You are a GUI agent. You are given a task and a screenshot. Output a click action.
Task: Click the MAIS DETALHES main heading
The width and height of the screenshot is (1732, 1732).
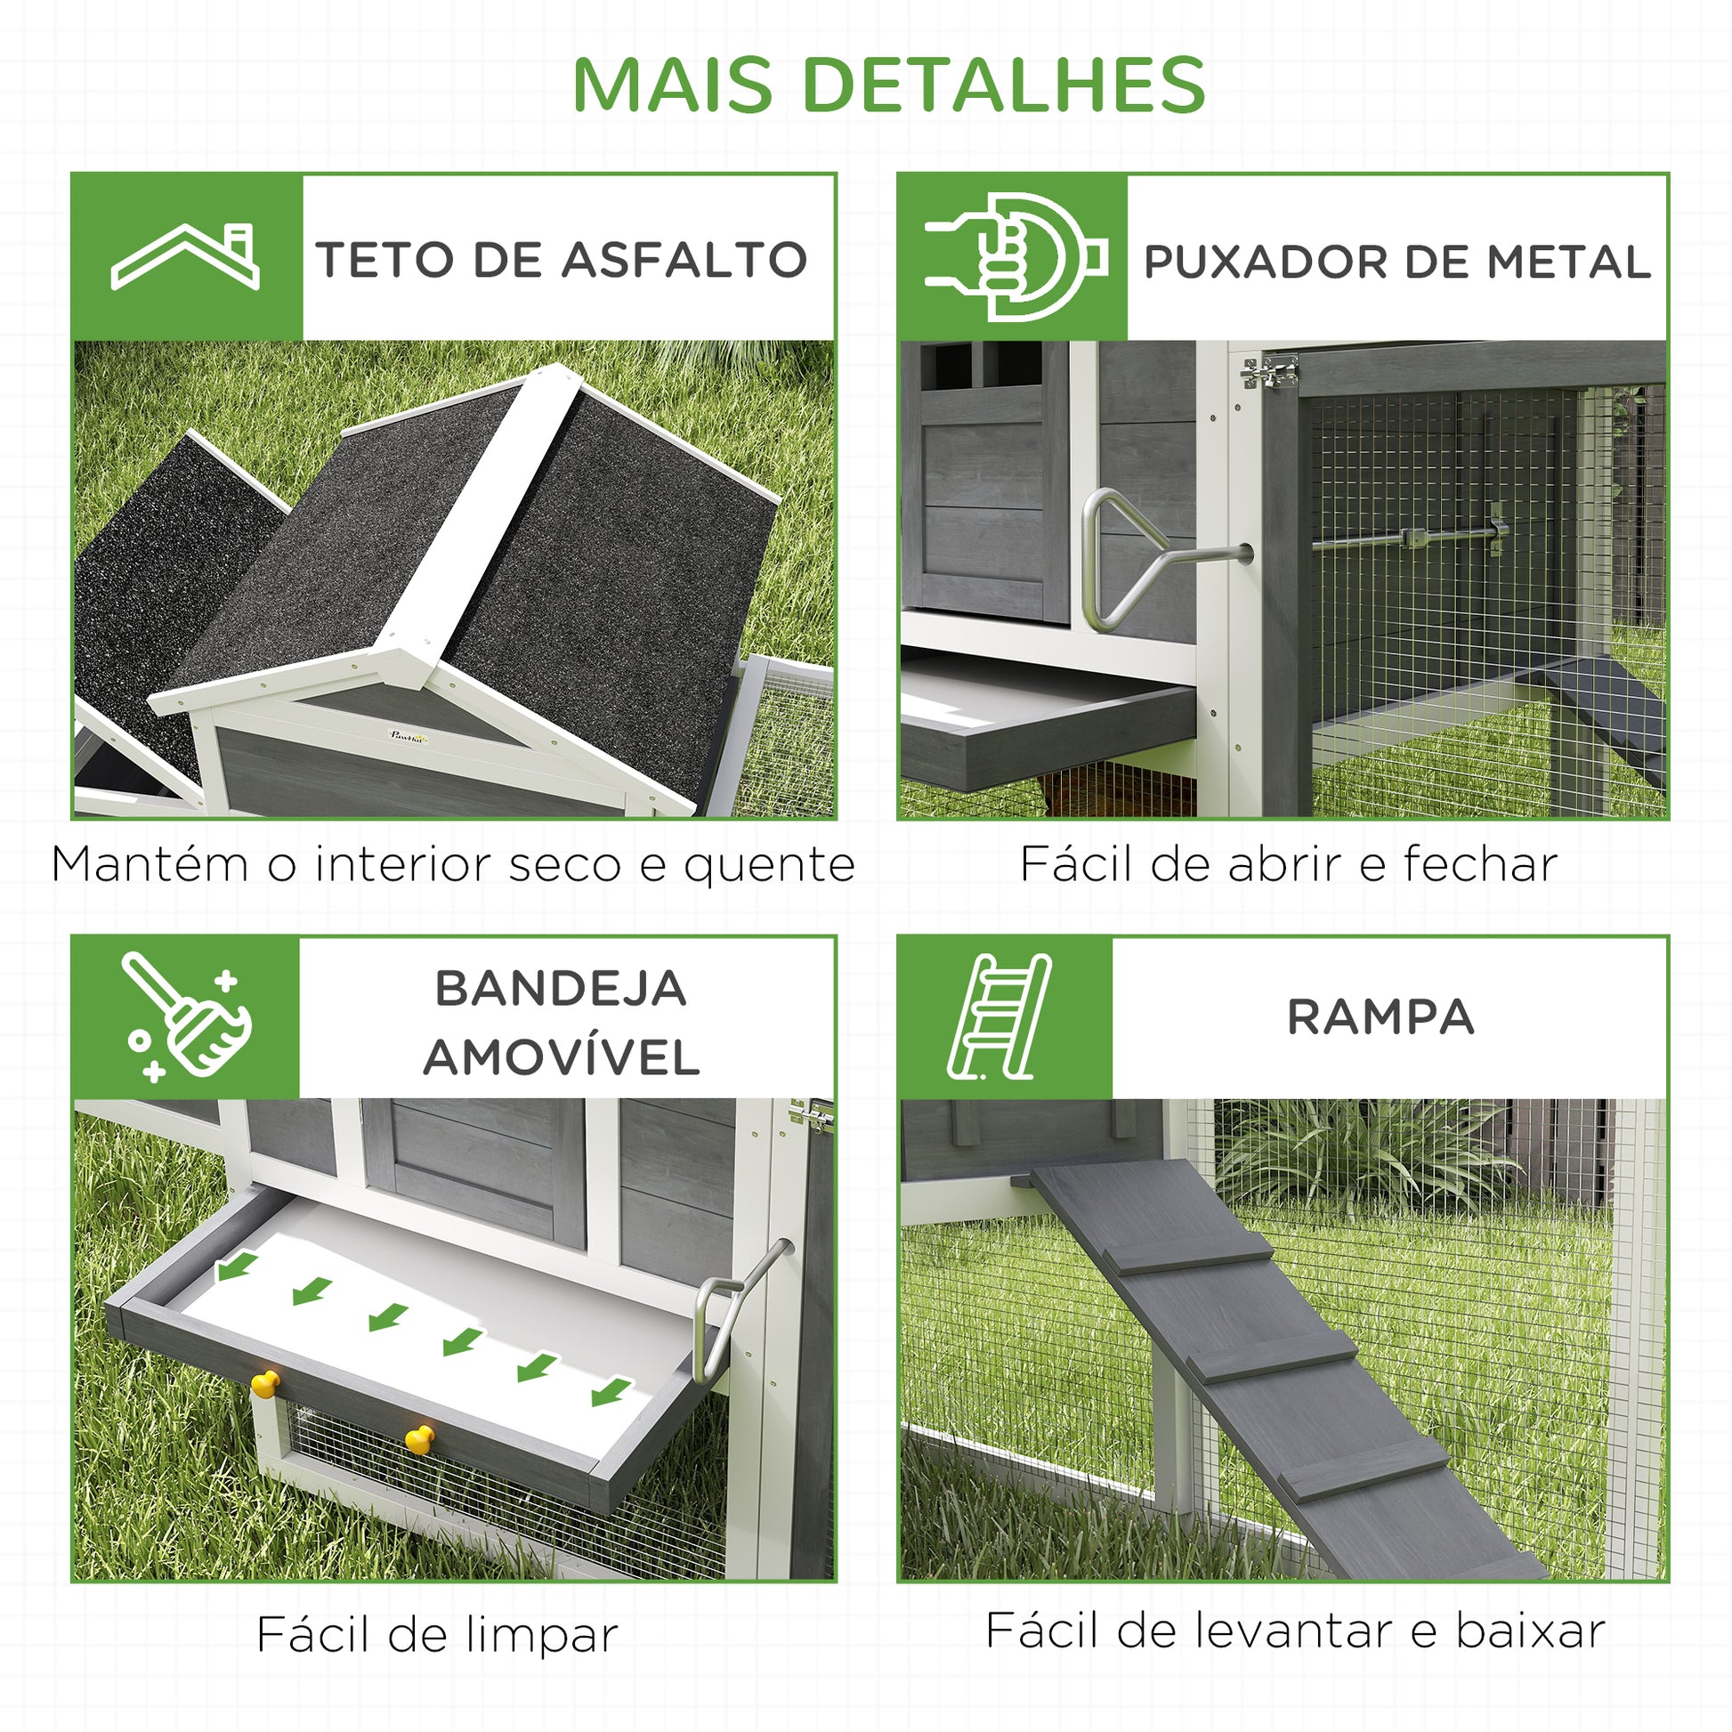coord(888,85)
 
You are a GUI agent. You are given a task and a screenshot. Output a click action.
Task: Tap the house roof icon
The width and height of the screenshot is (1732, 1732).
coord(184,256)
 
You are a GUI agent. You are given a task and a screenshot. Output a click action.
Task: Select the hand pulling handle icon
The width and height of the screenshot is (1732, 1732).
coord(1015,257)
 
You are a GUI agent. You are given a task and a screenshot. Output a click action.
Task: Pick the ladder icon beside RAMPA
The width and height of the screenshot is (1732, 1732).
coord(999,1017)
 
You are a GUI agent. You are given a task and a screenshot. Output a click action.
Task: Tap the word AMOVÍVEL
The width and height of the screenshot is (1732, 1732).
coord(562,1057)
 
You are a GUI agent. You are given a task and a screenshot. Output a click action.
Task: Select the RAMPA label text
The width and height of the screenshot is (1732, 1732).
coord(1380,1017)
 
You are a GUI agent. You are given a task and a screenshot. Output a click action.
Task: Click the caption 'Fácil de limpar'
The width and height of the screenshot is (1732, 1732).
coord(437,1633)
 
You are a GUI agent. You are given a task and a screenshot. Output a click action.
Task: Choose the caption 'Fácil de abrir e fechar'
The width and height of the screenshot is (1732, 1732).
coord(1288,863)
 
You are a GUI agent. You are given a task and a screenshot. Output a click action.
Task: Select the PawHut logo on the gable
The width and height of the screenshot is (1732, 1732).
coord(409,735)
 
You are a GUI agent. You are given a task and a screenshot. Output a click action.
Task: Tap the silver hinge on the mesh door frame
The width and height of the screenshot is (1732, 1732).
coord(1268,371)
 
